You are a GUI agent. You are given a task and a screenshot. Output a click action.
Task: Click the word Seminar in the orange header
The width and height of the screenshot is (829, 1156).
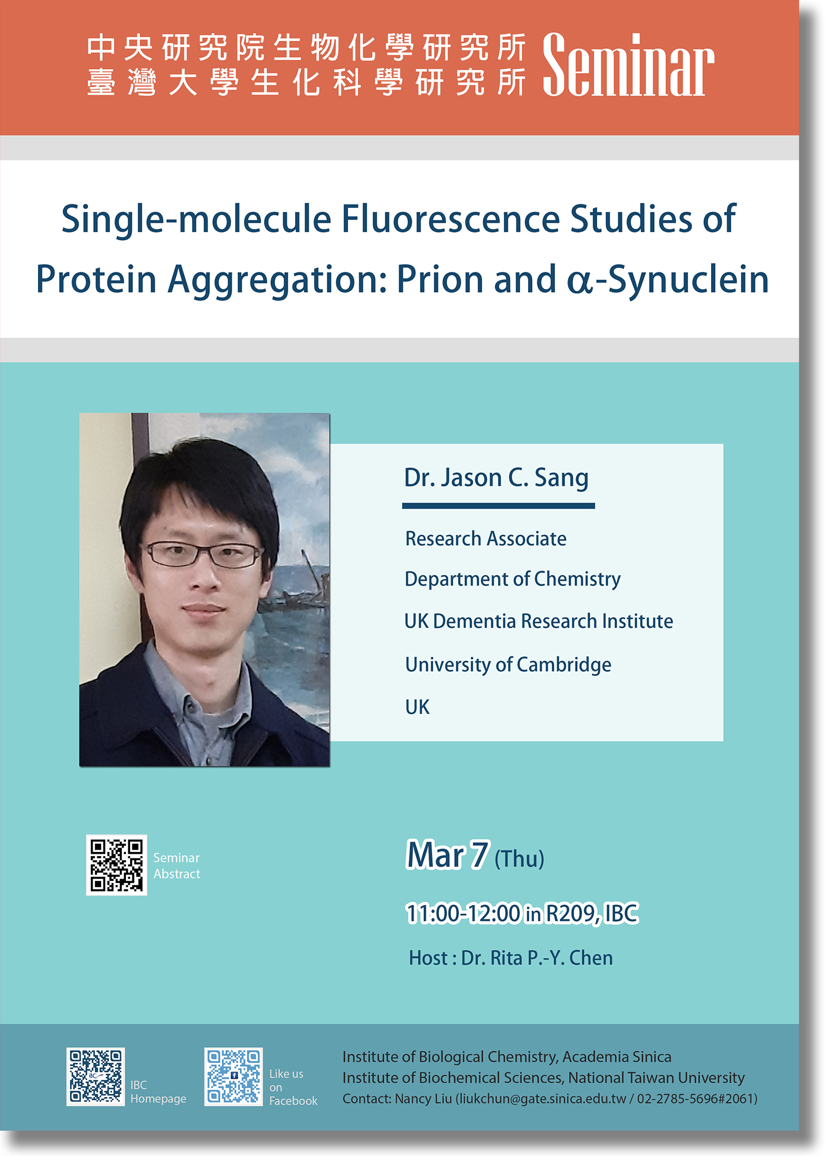[x=628, y=65]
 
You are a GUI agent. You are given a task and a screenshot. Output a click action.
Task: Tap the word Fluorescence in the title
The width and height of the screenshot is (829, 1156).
[x=450, y=219]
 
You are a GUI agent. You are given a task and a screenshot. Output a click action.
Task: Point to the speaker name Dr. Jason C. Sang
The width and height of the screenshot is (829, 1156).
[x=496, y=478]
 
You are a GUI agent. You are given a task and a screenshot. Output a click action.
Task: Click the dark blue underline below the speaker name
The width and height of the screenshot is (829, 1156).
[x=498, y=506]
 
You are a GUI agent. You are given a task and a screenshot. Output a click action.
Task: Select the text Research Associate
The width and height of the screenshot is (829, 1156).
[x=486, y=539]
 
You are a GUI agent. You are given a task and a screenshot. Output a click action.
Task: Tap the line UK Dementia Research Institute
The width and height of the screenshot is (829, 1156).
[x=538, y=621]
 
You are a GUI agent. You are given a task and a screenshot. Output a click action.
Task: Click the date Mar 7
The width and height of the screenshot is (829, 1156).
[x=448, y=855]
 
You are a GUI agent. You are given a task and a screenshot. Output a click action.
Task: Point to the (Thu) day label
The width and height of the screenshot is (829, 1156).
[x=519, y=859]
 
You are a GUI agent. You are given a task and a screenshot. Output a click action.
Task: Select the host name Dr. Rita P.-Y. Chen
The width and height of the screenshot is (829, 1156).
[x=537, y=958]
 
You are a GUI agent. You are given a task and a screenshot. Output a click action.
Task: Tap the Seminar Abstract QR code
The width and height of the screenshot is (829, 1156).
[x=117, y=865]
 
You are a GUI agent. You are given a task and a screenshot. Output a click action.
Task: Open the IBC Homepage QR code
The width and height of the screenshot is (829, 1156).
[x=95, y=1077]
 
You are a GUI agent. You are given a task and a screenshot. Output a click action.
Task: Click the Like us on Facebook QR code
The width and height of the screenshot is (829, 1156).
[x=234, y=1077]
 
